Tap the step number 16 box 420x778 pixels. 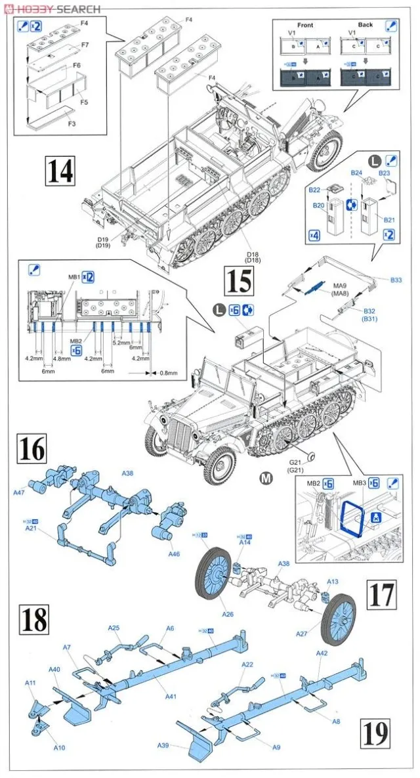[31, 450]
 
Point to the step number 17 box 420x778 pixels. [381, 593]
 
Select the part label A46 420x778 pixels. [173, 554]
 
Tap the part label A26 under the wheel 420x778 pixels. [228, 614]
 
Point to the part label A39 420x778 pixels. [164, 745]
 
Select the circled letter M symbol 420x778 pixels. [266, 478]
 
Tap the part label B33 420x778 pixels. [395, 280]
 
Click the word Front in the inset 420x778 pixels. [305, 25]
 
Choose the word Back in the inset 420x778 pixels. [365, 25]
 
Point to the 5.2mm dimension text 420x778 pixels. [121, 342]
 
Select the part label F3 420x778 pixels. [70, 123]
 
